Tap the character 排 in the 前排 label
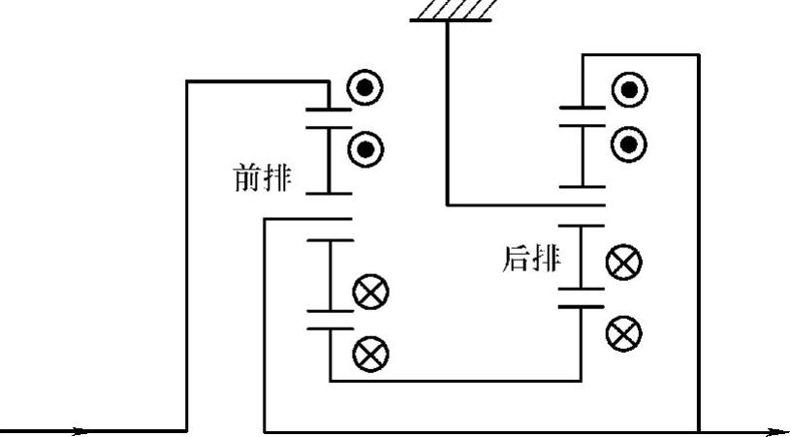click(276, 178)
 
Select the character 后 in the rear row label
click(518, 260)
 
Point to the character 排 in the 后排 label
click(546, 260)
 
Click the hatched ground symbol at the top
click(456, 10)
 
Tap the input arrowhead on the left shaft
click(83, 431)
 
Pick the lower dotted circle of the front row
click(365, 148)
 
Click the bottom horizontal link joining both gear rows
click(456, 381)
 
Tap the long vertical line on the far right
click(698, 242)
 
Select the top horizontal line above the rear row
click(640, 55)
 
